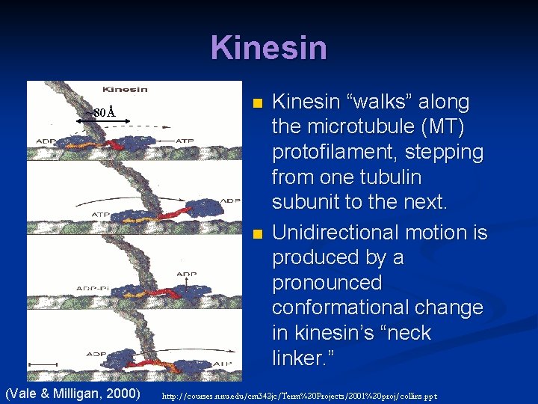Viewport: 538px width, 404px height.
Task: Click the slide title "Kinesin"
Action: coord(269,48)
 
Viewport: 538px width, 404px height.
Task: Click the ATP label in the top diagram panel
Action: coord(185,140)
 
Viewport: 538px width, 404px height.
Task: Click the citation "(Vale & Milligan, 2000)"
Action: coord(73,393)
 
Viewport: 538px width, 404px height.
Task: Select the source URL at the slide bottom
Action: coord(299,395)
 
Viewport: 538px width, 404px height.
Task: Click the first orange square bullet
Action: coord(257,102)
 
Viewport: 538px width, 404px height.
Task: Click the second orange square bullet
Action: coord(257,234)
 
